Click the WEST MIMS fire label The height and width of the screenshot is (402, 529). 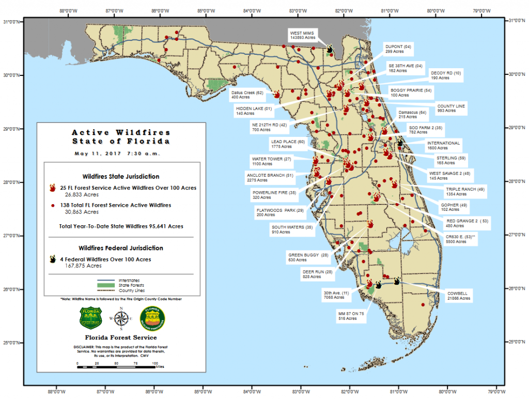(x=303, y=35)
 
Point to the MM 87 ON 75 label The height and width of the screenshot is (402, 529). (x=351, y=316)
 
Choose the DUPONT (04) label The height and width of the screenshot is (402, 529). (x=398, y=49)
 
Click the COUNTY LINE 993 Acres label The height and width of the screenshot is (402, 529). (x=450, y=108)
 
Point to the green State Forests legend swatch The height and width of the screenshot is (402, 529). (x=106, y=285)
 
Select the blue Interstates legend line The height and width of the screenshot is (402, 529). (x=106, y=280)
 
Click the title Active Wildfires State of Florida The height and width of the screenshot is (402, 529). (x=121, y=136)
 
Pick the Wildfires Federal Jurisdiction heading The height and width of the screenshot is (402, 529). (x=121, y=248)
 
